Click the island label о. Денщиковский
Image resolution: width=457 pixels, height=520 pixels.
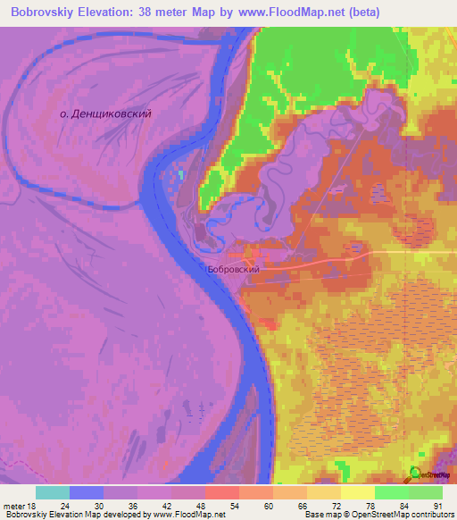click(x=104, y=114)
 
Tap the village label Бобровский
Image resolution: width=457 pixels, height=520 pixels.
click(x=232, y=268)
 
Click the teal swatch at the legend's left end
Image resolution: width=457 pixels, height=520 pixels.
click(x=53, y=492)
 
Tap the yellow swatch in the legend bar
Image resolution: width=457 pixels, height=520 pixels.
click(x=358, y=492)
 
